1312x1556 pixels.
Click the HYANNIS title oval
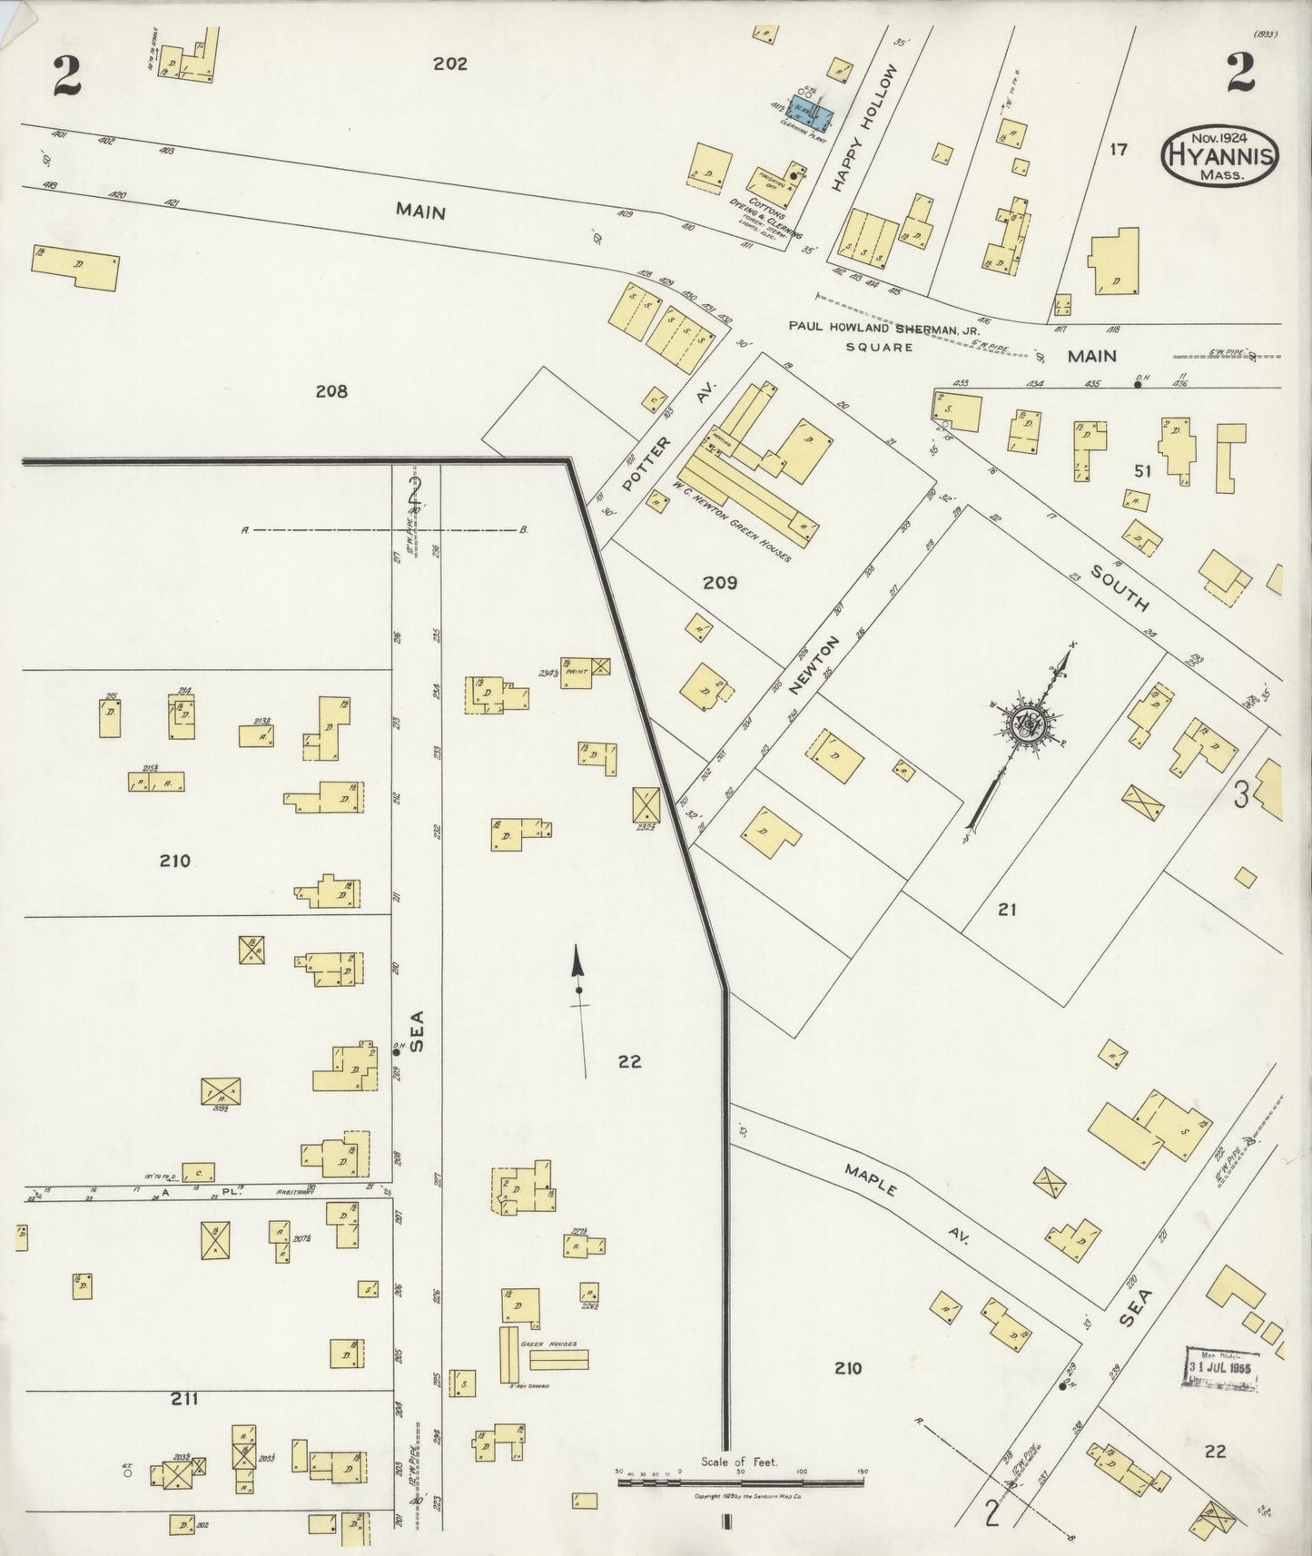1219,155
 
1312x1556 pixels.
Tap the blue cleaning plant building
812,113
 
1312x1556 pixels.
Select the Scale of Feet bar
739,1482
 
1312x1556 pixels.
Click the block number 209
719,583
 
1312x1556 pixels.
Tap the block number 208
331,391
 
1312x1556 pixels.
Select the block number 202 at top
449,64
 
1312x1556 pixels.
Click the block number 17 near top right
1117,149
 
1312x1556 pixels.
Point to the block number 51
1142,470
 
